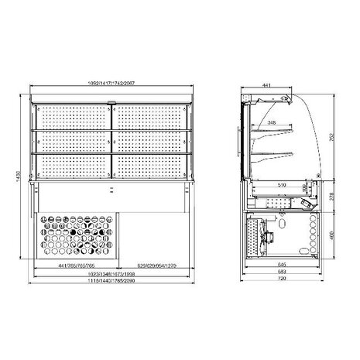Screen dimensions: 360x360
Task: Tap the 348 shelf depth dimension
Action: (270, 122)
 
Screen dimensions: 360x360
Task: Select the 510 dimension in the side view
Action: (282, 185)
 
